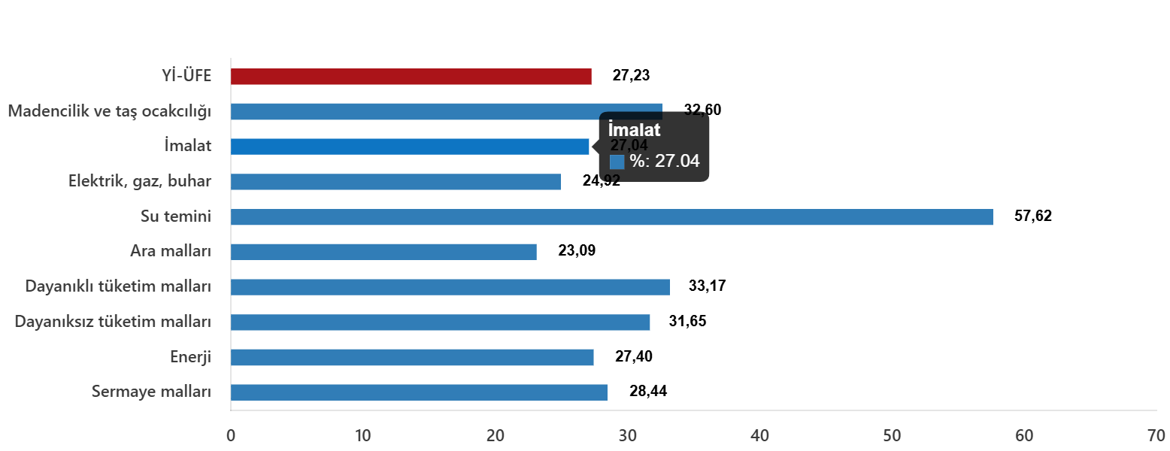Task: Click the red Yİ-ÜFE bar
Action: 411,77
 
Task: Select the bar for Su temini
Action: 611,217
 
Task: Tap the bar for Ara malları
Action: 383,252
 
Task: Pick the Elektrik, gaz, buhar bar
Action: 396,182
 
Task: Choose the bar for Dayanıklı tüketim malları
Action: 450,287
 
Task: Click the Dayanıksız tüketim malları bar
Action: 440,322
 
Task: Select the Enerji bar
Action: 412,357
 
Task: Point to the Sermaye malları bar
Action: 419,392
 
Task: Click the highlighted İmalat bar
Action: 410,147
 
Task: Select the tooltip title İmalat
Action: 634,130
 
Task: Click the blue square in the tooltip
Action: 617,162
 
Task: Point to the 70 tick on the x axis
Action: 1156,435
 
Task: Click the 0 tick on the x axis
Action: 231,435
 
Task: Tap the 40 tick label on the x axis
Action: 759,435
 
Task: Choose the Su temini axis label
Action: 175,216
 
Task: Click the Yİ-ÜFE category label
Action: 186,76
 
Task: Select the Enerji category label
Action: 190,357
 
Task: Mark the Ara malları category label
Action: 170,251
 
